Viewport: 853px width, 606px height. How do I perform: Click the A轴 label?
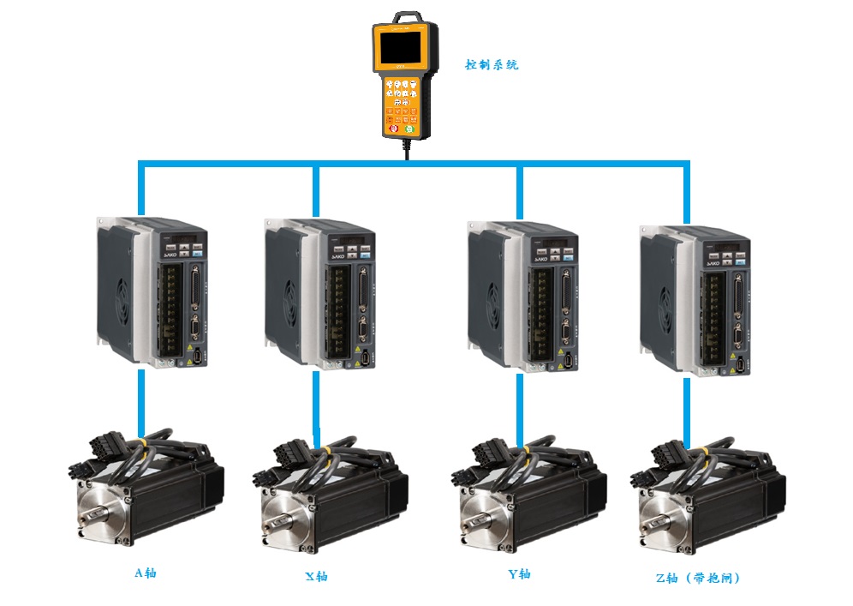pyautogui.click(x=146, y=573)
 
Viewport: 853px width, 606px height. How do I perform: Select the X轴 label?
pyautogui.click(x=316, y=576)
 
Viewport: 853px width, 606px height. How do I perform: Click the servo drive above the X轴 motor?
pyautogui.click(x=319, y=296)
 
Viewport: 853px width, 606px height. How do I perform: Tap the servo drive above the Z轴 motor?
pyautogui.click(x=695, y=300)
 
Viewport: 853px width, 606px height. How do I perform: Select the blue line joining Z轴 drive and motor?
pyautogui.click(x=686, y=408)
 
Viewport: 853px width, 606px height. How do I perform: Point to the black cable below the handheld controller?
pyautogui.click(x=406, y=147)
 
